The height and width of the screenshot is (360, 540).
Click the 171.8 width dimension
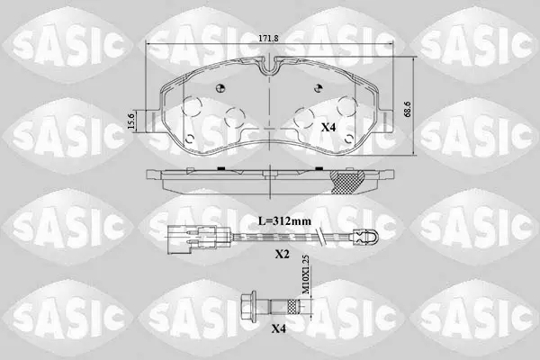pos(268,39)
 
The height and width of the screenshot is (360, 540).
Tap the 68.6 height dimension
pos(408,109)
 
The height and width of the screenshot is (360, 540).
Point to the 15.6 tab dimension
pos(130,121)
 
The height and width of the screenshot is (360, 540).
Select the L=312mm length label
pos(284,220)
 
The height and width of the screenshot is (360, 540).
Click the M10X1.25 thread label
pos(304,274)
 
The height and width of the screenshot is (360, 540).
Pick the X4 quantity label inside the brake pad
pos(328,128)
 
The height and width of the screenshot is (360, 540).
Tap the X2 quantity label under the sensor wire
pos(282,254)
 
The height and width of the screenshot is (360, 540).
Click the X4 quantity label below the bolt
pos(279,328)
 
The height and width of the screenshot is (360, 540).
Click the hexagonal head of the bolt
pos(248,305)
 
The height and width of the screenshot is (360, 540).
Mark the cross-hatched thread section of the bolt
pos(292,305)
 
